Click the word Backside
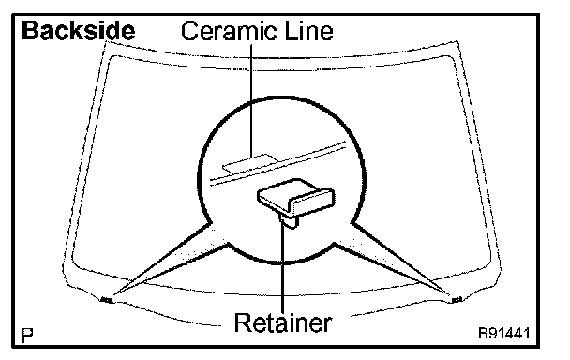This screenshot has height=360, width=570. [x=79, y=31]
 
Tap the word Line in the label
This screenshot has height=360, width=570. [x=309, y=31]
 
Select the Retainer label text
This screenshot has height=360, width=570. [x=283, y=322]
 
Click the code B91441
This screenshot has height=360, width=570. [x=504, y=333]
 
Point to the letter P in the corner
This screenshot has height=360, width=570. [x=27, y=336]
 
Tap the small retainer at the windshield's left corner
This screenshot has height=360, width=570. [x=106, y=300]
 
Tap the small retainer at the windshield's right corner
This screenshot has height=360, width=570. [x=457, y=300]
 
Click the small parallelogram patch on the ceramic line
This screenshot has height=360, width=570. [x=250, y=162]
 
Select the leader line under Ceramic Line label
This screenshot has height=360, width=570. [x=251, y=101]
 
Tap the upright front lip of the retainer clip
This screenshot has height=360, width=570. [x=312, y=202]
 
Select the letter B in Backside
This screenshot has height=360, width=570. [x=30, y=31]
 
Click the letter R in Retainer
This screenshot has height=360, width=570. [x=243, y=322]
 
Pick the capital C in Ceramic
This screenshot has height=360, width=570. [x=190, y=31]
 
